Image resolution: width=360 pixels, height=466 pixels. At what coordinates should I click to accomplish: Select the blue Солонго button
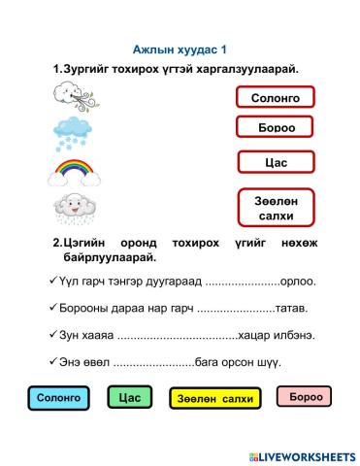coord(57,398)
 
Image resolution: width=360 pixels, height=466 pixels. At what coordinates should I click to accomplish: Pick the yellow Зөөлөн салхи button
coord(215,398)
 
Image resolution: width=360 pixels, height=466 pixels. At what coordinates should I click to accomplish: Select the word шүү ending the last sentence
coord(269,362)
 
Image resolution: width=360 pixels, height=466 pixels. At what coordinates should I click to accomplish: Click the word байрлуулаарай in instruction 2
coord(110,258)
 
